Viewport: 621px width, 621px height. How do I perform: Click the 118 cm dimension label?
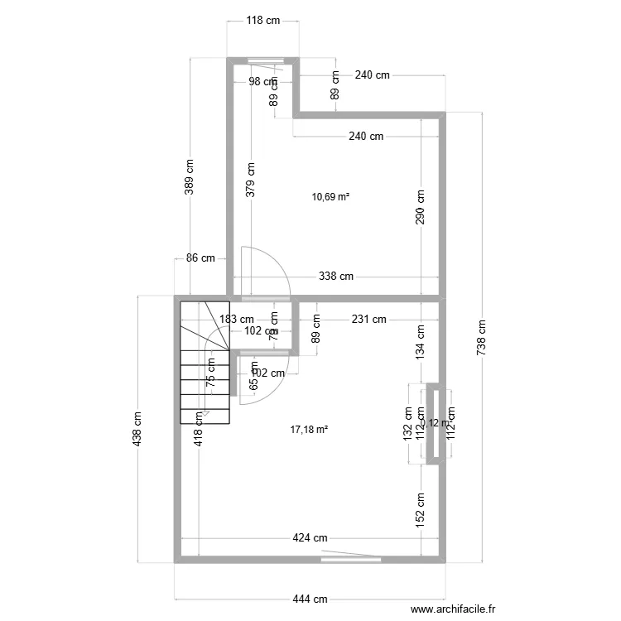pos(262,22)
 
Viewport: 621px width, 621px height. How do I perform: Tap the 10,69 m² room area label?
pos(330,197)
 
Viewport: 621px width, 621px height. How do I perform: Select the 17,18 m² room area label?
pos(310,430)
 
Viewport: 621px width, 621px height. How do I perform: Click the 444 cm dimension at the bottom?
pos(310,599)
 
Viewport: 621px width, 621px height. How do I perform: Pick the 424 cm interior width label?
pos(310,539)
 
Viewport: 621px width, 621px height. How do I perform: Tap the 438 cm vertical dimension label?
pos(137,429)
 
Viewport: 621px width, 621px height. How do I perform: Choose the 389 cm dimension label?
pos(190,177)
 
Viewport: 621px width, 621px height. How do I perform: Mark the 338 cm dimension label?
pos(336,277)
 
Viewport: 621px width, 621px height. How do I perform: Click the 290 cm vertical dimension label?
pos(421,208)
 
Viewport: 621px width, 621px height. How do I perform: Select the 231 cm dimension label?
pos(368,319)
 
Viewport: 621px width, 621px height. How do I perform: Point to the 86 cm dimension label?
pos(200,258)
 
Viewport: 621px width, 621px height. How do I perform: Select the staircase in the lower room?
pos(204,362)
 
